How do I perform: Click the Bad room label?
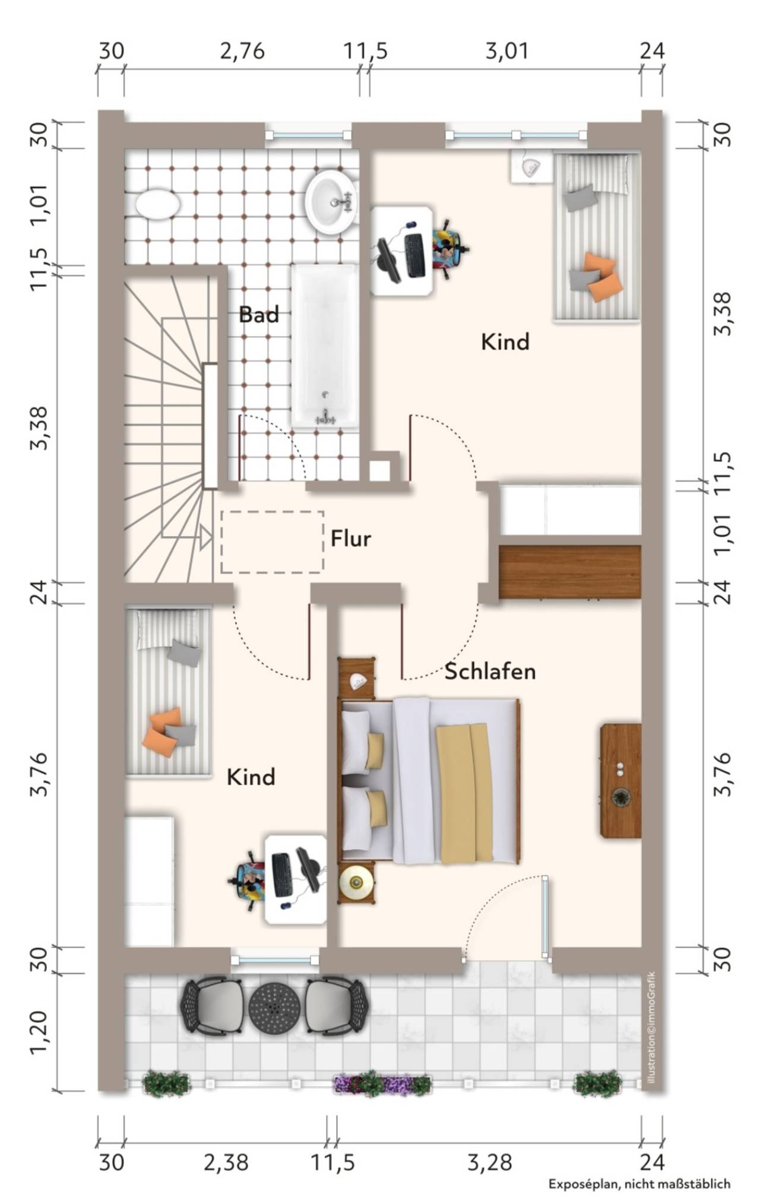point(258,314)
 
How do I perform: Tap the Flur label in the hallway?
point(350,539)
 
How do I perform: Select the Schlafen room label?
point(490,672)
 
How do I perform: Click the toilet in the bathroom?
point(157,205)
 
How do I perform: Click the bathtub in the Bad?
point(324,346)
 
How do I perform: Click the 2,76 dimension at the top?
point(242,52)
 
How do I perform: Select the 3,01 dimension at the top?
point(506,52)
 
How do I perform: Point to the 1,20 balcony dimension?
point(38,1034)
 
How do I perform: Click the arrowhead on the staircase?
point(205,537)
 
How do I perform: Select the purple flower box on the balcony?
point(383,1085)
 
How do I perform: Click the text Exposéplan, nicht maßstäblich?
point(639,1183)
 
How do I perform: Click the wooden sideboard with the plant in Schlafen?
point(621,780)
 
